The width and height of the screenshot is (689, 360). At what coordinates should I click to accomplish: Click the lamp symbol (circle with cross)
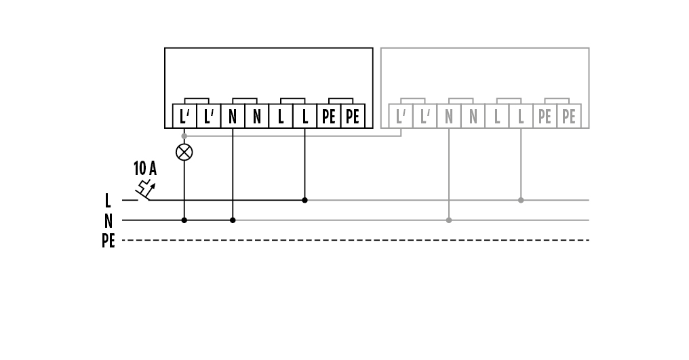(x=184, y=152)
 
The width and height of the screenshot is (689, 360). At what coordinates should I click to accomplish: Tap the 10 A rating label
(x=144, y=168)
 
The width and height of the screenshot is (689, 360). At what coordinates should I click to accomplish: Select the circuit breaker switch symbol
(x=144, y=191)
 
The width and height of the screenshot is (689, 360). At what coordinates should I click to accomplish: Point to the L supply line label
(x=108, y=201)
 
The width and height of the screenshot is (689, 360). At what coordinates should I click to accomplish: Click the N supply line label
(x=108, y=220)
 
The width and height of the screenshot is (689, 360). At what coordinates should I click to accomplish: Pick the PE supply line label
(x=108, y=240)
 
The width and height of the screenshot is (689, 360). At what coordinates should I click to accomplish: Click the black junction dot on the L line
(x=304, y=200)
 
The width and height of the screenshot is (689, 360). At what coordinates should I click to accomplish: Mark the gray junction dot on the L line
(x=521, y=200)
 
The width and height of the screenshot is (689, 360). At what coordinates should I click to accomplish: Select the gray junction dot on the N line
(x=449, y=220)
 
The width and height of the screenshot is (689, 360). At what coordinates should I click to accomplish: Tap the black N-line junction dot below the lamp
(x=184, y=220)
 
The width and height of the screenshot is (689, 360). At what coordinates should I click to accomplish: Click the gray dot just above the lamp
(x=184, y=136)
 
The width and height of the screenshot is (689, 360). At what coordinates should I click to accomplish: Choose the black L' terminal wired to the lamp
(x=184, y=117)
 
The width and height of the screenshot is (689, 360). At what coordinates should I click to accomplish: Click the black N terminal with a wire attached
(x=233, y=117)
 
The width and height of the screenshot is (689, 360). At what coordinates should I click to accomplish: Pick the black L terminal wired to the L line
(x=304, y=117)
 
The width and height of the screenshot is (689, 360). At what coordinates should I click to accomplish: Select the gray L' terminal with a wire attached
(x=401, y=117)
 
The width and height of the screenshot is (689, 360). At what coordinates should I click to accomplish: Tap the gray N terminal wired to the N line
(x=449, y=117)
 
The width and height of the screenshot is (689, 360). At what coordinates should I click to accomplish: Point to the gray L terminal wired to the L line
(x=521, y=117)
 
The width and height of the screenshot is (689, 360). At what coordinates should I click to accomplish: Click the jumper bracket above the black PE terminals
(x=340, y=99)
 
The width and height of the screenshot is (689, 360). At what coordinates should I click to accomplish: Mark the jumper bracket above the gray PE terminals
(x=557, y=99)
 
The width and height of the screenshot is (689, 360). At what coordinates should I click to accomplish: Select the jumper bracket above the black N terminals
(x=244, y=99)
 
